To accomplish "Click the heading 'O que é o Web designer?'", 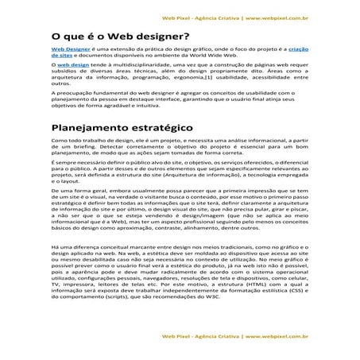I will pyautogui.click(x=119, y=35).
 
